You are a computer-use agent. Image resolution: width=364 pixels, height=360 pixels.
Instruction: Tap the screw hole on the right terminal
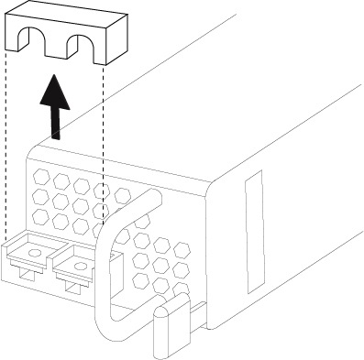click(80, 267)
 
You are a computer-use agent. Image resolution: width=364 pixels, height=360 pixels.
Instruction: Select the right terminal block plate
click(77, 267)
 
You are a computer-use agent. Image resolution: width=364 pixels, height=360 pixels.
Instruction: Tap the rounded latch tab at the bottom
click(164, 330)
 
